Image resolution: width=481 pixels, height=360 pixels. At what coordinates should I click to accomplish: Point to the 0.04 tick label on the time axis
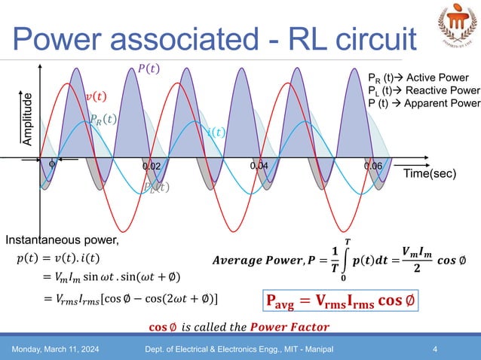point(259,164)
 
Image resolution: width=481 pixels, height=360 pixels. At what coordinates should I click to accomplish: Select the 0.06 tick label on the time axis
point(373,166)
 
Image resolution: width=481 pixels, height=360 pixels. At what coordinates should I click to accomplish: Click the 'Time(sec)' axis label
point(428,174)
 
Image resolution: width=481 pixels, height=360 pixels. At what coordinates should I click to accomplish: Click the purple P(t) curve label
point(149,69)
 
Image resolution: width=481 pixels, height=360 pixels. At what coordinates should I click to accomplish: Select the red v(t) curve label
point(95,96)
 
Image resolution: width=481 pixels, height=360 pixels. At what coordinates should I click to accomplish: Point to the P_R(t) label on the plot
point(103,118)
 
